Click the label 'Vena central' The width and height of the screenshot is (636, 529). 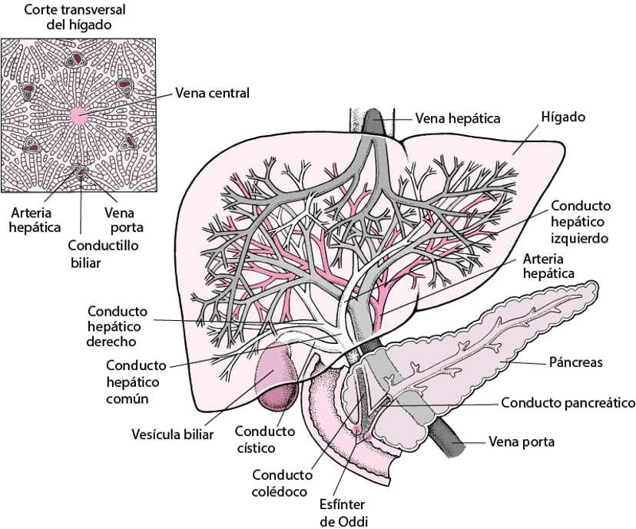(x=212, y=94)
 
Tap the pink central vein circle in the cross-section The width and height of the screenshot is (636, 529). (x=79, y=115)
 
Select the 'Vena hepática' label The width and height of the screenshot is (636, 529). (x=458, y=118)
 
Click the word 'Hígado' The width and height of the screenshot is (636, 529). (x=563, y=117)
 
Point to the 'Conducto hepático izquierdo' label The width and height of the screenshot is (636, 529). (x=580, y=222)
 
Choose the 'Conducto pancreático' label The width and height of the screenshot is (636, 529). (x=568, y=402)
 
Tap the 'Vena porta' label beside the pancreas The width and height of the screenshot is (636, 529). (x=522, y=442)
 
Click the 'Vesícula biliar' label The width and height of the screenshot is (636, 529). (x=171, y=433)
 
